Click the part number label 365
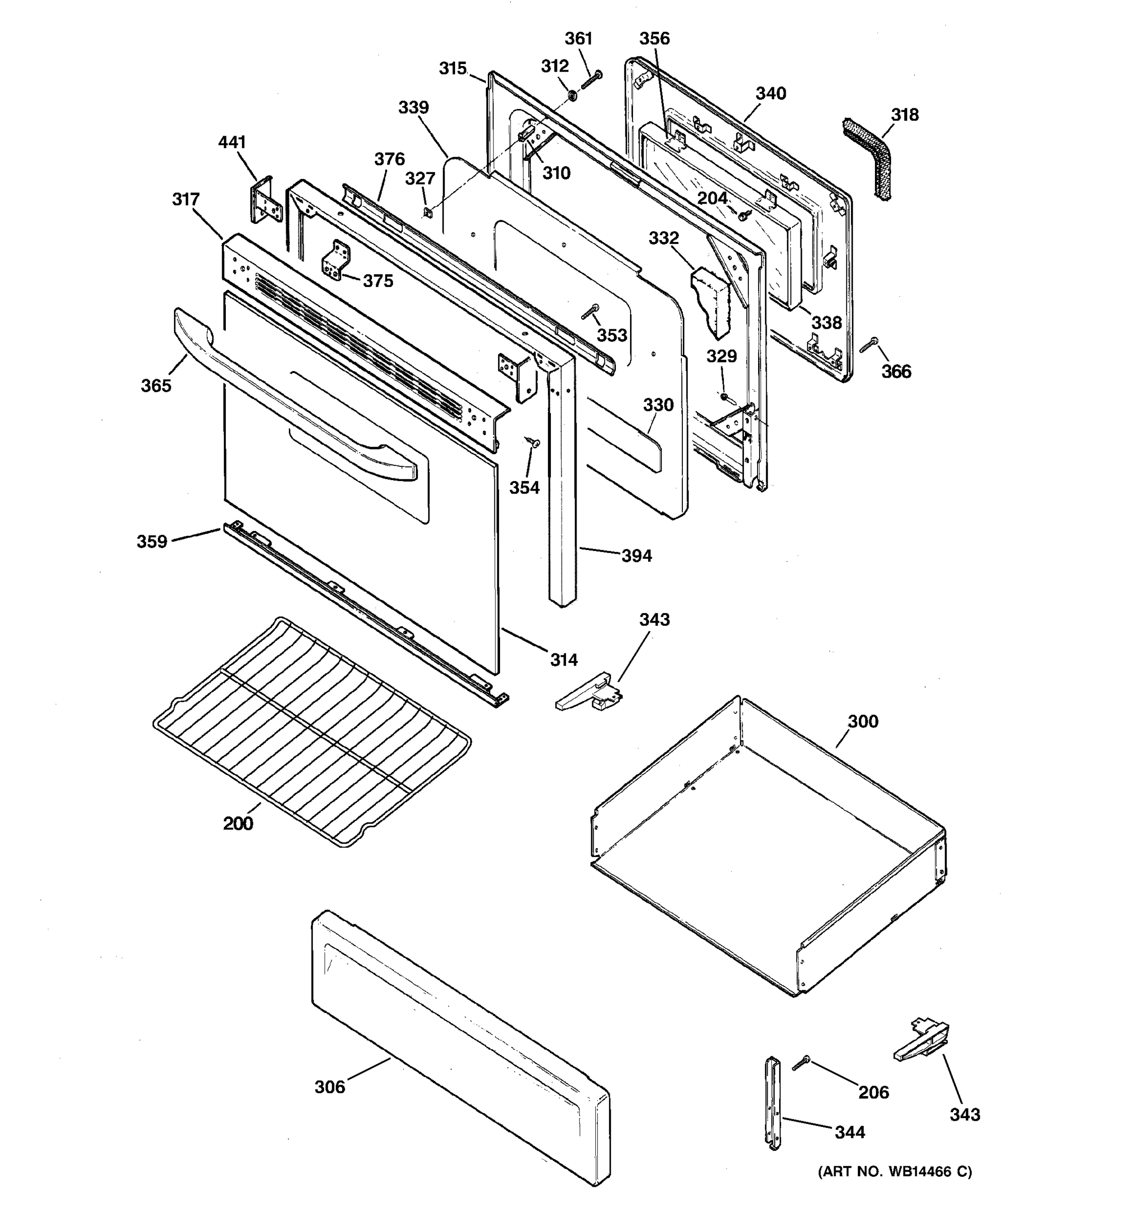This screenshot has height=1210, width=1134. point(156,386)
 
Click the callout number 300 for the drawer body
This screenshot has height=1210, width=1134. point(863,722)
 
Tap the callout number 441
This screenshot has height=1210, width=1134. point(232,142)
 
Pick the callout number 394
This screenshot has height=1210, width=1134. point(637,556)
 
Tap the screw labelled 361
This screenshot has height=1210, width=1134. point(591,79)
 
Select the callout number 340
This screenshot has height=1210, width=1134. point(770,94)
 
